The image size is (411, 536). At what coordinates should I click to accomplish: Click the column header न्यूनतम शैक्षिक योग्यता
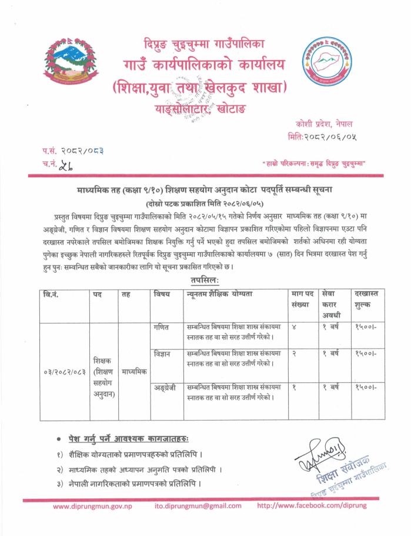(x=225, y=293)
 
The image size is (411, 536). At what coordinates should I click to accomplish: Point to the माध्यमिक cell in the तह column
(x=134, y=372)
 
